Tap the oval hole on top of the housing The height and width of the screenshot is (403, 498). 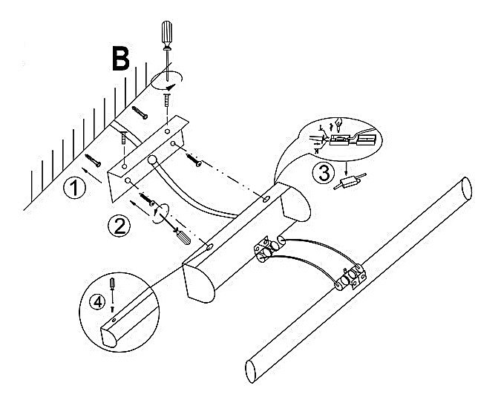click(x=266, y=198)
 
